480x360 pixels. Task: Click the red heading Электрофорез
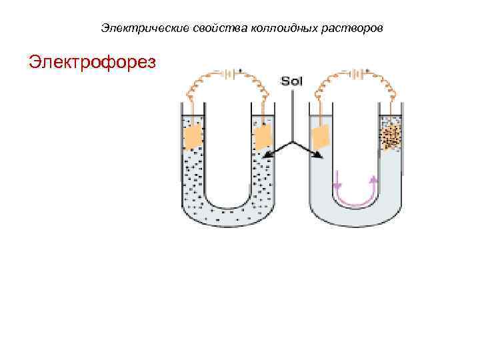[93, 62]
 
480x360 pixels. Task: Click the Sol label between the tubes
[292, 81]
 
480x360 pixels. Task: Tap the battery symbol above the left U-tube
[228, 74]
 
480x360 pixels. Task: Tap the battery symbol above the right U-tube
[358, 73]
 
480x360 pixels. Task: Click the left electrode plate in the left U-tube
[193, 136]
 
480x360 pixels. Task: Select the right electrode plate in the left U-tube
[263, 137]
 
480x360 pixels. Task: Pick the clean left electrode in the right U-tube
[321, 137]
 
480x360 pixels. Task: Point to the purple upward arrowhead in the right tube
[373, 179]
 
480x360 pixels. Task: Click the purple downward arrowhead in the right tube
[337, 184]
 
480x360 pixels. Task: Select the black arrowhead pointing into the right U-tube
[319, 157]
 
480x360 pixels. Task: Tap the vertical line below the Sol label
[292, 113]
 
